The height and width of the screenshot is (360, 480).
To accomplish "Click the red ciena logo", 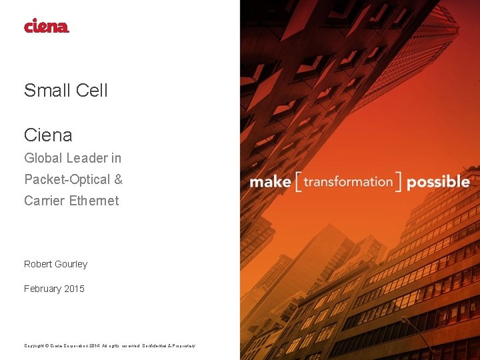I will click(x=47, y=26).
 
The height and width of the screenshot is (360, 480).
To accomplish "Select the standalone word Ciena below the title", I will click(x=48, y=135).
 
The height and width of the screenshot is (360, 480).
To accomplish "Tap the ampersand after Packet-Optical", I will click(x=119, y=179).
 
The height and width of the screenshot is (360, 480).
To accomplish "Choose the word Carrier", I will click(x=45, y=201).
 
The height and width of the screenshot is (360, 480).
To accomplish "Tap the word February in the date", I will click(x=43, y=289).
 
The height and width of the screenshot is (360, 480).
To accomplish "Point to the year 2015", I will click(x=75, y=289).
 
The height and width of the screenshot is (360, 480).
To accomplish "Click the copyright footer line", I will click(x=109, y=345).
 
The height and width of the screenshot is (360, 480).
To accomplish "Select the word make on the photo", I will click(x=270, y=182).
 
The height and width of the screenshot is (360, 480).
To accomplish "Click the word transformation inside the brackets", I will click(x=347, y=181).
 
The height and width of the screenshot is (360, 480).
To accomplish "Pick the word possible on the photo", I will click(x=438, y=182).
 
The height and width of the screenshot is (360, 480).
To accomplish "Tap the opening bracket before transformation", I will click(x=298, y=182).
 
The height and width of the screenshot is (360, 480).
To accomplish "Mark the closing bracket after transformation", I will click(x=398, y=182).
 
